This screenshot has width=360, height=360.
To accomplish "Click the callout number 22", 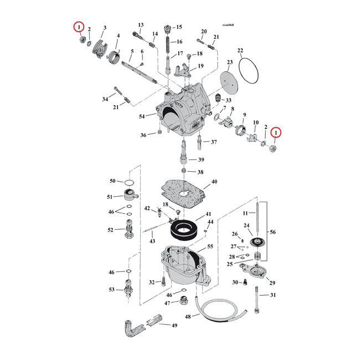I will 240,51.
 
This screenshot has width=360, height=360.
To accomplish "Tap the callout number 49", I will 174,325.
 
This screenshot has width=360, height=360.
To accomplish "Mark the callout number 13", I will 141,25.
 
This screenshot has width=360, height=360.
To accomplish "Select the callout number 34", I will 105,99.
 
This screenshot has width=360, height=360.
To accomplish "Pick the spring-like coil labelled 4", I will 115,56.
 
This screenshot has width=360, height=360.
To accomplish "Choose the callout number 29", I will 272,284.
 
